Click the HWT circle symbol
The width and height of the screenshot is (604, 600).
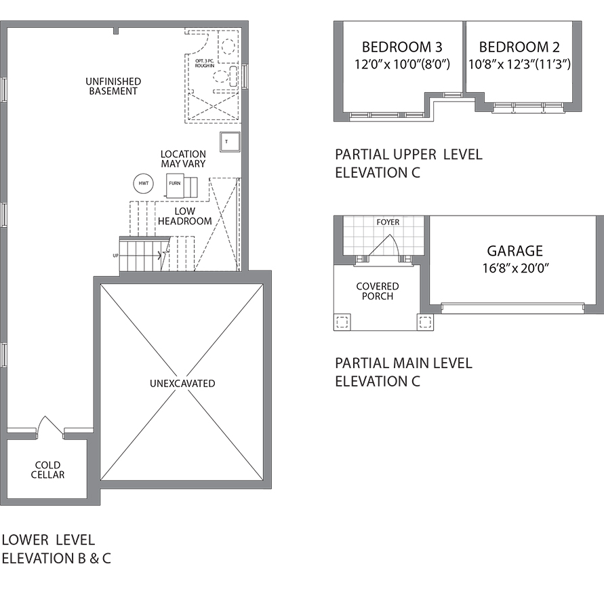pyautogui.click(x=143, y=184)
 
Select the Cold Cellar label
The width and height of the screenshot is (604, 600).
pyautogui.click(x=47, y=470)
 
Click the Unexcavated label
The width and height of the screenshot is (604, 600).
pyautogui.click(x=182, y=384)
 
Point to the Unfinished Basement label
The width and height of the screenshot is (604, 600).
pyautogui.click(x=113, y=86)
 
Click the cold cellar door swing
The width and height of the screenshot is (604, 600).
pyautogui.click(x=50, y=426)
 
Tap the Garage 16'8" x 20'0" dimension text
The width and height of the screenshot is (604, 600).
pyautogui.click(x=515, y=268)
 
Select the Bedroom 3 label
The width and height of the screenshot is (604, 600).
pyautogui.click(x=402, y=47)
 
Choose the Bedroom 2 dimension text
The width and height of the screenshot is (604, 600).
pyautogui.click(x=519, y=64)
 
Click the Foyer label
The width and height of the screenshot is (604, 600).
pyautogui.click(x=388, y=222)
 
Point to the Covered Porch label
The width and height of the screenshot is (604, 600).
pyautogui.click(x=378, y=292)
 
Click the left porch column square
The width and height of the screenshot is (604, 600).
pyautogui.click(x=342, y=321)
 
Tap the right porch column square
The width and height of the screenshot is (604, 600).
pyautogui.click(x=425, y=321)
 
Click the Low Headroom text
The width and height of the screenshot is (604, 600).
pyautogui.click(x=185, y=216)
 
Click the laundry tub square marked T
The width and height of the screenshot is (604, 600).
pyautogui.click(x=230, y=142)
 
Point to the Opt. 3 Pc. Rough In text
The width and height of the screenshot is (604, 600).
pyautogui.click(x=205, y=63)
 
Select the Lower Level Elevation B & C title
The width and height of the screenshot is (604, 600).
pyautogui.click(x=56, y=548)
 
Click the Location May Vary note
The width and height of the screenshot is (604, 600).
pyautogui.click(x=183, y=159)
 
